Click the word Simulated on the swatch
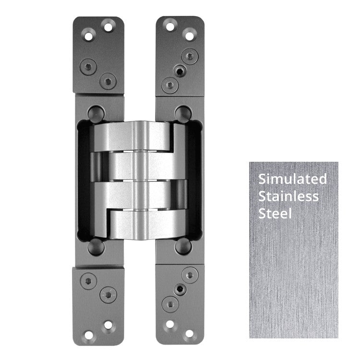tap(292, 179)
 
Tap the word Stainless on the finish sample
tap(288, 196)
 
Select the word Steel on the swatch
tap(275, 213)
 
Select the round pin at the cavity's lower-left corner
tap(96, 246)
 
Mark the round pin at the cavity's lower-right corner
tap(182, 246)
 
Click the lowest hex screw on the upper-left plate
tap(108, 80)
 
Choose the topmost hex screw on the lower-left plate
tap(87, 280)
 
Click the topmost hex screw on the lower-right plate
tap(190, 275)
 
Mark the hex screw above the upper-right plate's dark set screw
tap(190, 58)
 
